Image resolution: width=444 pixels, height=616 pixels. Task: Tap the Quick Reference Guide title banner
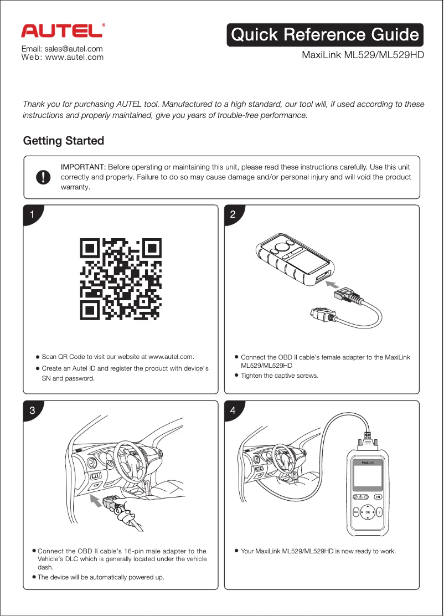(x=324, y=35)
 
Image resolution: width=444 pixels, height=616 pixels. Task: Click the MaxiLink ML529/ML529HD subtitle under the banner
(x=362, y=55)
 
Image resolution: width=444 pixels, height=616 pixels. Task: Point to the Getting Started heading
(x=63, y=141)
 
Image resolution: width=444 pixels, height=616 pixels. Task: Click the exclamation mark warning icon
(x=43, y=177)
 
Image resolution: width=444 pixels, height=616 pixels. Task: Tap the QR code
(x=121, y=279)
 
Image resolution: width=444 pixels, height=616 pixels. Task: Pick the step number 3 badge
(x=33, y=410)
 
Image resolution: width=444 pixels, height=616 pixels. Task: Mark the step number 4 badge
(x=233, y=410)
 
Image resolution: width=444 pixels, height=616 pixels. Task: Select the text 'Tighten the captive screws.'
(x=280, y=376)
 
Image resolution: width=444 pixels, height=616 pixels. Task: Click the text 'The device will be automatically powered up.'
(x=101, y=577)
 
